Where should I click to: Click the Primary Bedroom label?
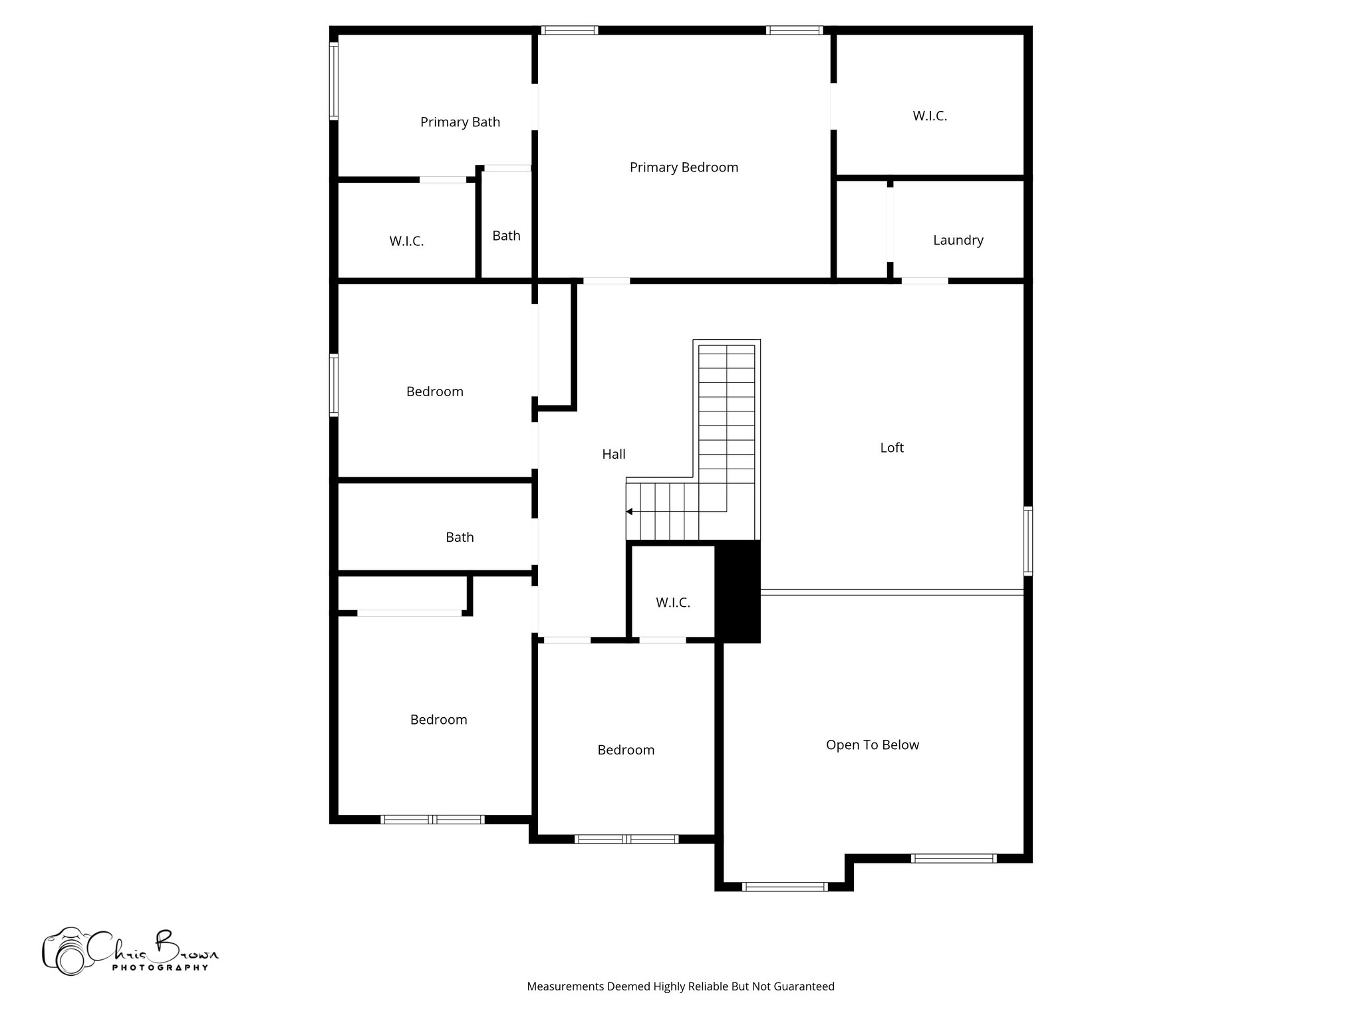[684, 168]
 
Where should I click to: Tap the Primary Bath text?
[460, 122]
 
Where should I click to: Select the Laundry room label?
[958, 241]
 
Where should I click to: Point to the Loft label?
[891, 448]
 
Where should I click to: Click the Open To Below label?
[872, 745]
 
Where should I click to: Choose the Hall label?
[613, 455]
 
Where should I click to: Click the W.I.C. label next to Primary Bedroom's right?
[929, 116]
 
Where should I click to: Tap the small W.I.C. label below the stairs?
[672, 603]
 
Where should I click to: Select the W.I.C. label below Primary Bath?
[406, 241]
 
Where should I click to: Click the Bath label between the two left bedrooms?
[460, 537]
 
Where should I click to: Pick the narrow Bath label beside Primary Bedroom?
[506, 236]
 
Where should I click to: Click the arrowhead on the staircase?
[629, 512]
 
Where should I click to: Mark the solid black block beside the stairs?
[738, 592]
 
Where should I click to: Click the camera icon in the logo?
[65, 952]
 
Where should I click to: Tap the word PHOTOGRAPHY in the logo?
[160, 968]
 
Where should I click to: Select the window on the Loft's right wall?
[1027, 540]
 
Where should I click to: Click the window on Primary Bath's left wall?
[334, 81]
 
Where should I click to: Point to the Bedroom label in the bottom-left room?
[438, 720]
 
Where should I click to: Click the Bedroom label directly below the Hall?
[625, 750]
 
